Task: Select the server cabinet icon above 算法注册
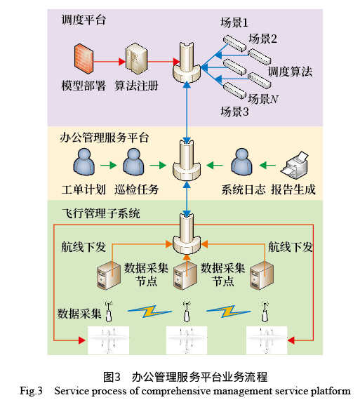[x=135, y=60]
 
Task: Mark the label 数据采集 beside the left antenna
[x=80, y=310]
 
